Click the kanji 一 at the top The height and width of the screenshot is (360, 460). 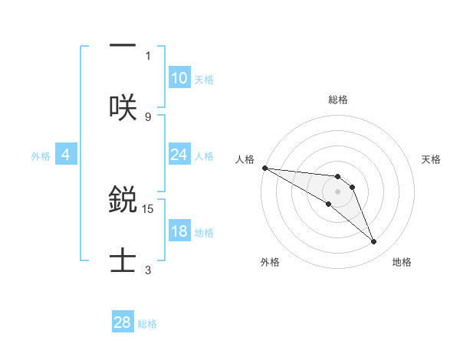123,45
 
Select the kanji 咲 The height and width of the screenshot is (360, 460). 123,106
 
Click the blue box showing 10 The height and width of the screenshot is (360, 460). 179,78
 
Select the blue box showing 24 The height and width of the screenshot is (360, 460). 179,155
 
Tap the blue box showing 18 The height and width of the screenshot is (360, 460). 179,231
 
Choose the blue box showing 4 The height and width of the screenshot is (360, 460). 66,155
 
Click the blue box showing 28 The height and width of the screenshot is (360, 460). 123,322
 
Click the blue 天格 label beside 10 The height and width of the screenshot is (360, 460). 203,80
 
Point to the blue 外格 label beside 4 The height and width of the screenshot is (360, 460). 41,156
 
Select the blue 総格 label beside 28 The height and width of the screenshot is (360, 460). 147,324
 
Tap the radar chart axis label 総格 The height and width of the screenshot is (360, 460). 338,100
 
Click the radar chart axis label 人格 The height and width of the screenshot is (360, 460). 245,159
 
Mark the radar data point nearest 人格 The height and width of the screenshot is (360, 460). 264,168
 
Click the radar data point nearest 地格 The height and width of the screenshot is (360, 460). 373,242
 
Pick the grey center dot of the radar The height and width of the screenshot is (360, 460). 338,191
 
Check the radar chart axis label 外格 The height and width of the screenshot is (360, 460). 270,262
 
